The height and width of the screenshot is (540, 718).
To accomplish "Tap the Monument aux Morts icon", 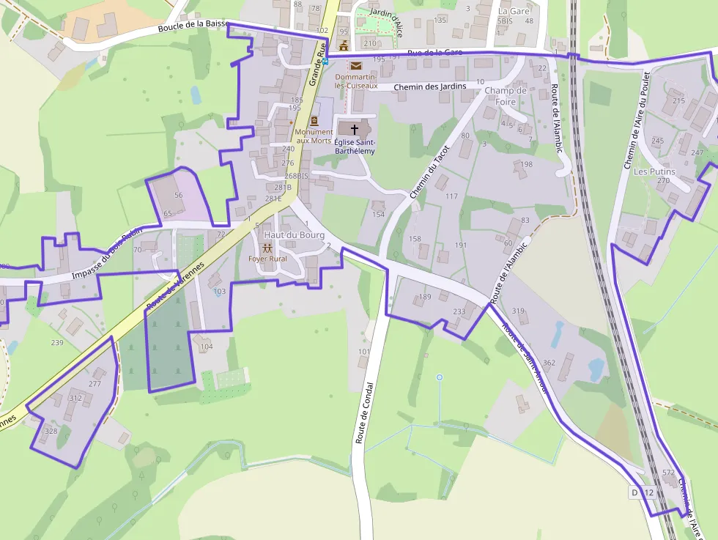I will (314, 120).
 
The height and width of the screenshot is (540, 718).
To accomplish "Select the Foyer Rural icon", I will (267, 248).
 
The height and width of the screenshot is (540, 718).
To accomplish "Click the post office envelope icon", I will (355, 66).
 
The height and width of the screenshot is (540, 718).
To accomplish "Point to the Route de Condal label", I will (365, 413).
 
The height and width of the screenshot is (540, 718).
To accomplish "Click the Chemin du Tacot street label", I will (429, 172).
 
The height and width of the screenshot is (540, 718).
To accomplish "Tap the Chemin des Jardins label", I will (429, 87).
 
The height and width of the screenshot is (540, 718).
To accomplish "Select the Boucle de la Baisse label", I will (193, 28).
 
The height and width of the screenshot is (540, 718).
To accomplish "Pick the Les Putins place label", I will (654, 171).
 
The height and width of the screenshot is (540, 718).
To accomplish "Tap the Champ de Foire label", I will (506, 96).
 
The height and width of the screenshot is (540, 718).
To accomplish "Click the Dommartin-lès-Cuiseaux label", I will (356, 81).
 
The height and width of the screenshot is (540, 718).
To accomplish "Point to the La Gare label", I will (513, 11).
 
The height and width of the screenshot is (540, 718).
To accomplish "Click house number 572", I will (668, 473).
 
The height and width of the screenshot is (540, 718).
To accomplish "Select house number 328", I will (51, 431).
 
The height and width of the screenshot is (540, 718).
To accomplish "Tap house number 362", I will (549, 363).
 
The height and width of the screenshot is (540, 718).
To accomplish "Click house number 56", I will (178, 196).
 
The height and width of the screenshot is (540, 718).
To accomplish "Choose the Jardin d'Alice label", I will (387, 15).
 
